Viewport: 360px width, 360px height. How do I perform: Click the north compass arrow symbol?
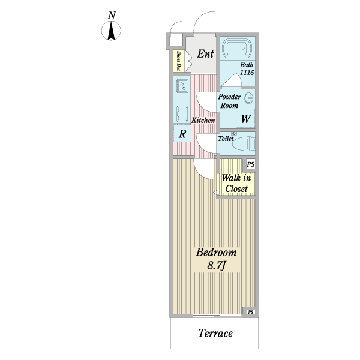[x=111, y=31]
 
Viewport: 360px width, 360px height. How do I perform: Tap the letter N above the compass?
[x=112, y=16]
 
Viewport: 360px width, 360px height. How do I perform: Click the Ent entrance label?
[x=205, y=54]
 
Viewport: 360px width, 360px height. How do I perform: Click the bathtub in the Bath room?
[x=237, y=49]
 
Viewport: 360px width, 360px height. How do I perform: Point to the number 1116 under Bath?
[x=247, y=73]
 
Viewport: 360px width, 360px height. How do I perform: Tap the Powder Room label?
[x=229, y=101]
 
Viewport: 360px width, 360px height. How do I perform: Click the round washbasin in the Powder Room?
[x=249, y=98]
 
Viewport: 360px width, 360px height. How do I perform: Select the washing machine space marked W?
[x=245, y=118]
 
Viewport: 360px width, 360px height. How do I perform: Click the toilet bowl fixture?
[x=244, y=144]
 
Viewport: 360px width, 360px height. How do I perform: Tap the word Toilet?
[x=226, y=139]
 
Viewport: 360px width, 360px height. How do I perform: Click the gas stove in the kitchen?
[x=182, y=86]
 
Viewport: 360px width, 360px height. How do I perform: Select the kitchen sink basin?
[x=182, y=114]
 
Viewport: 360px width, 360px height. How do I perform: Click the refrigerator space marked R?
[x=182, y=133]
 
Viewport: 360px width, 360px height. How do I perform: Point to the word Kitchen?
[x=203, y=120]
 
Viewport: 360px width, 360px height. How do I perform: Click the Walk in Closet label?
[x=236, y=183]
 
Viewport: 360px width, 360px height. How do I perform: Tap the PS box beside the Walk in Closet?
[x=250, y=164]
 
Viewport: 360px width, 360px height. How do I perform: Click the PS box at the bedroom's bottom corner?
[x=251, y=312]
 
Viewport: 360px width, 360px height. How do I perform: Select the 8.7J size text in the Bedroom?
[x=217, y=265]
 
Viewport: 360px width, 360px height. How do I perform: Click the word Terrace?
[x=215, y=333]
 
